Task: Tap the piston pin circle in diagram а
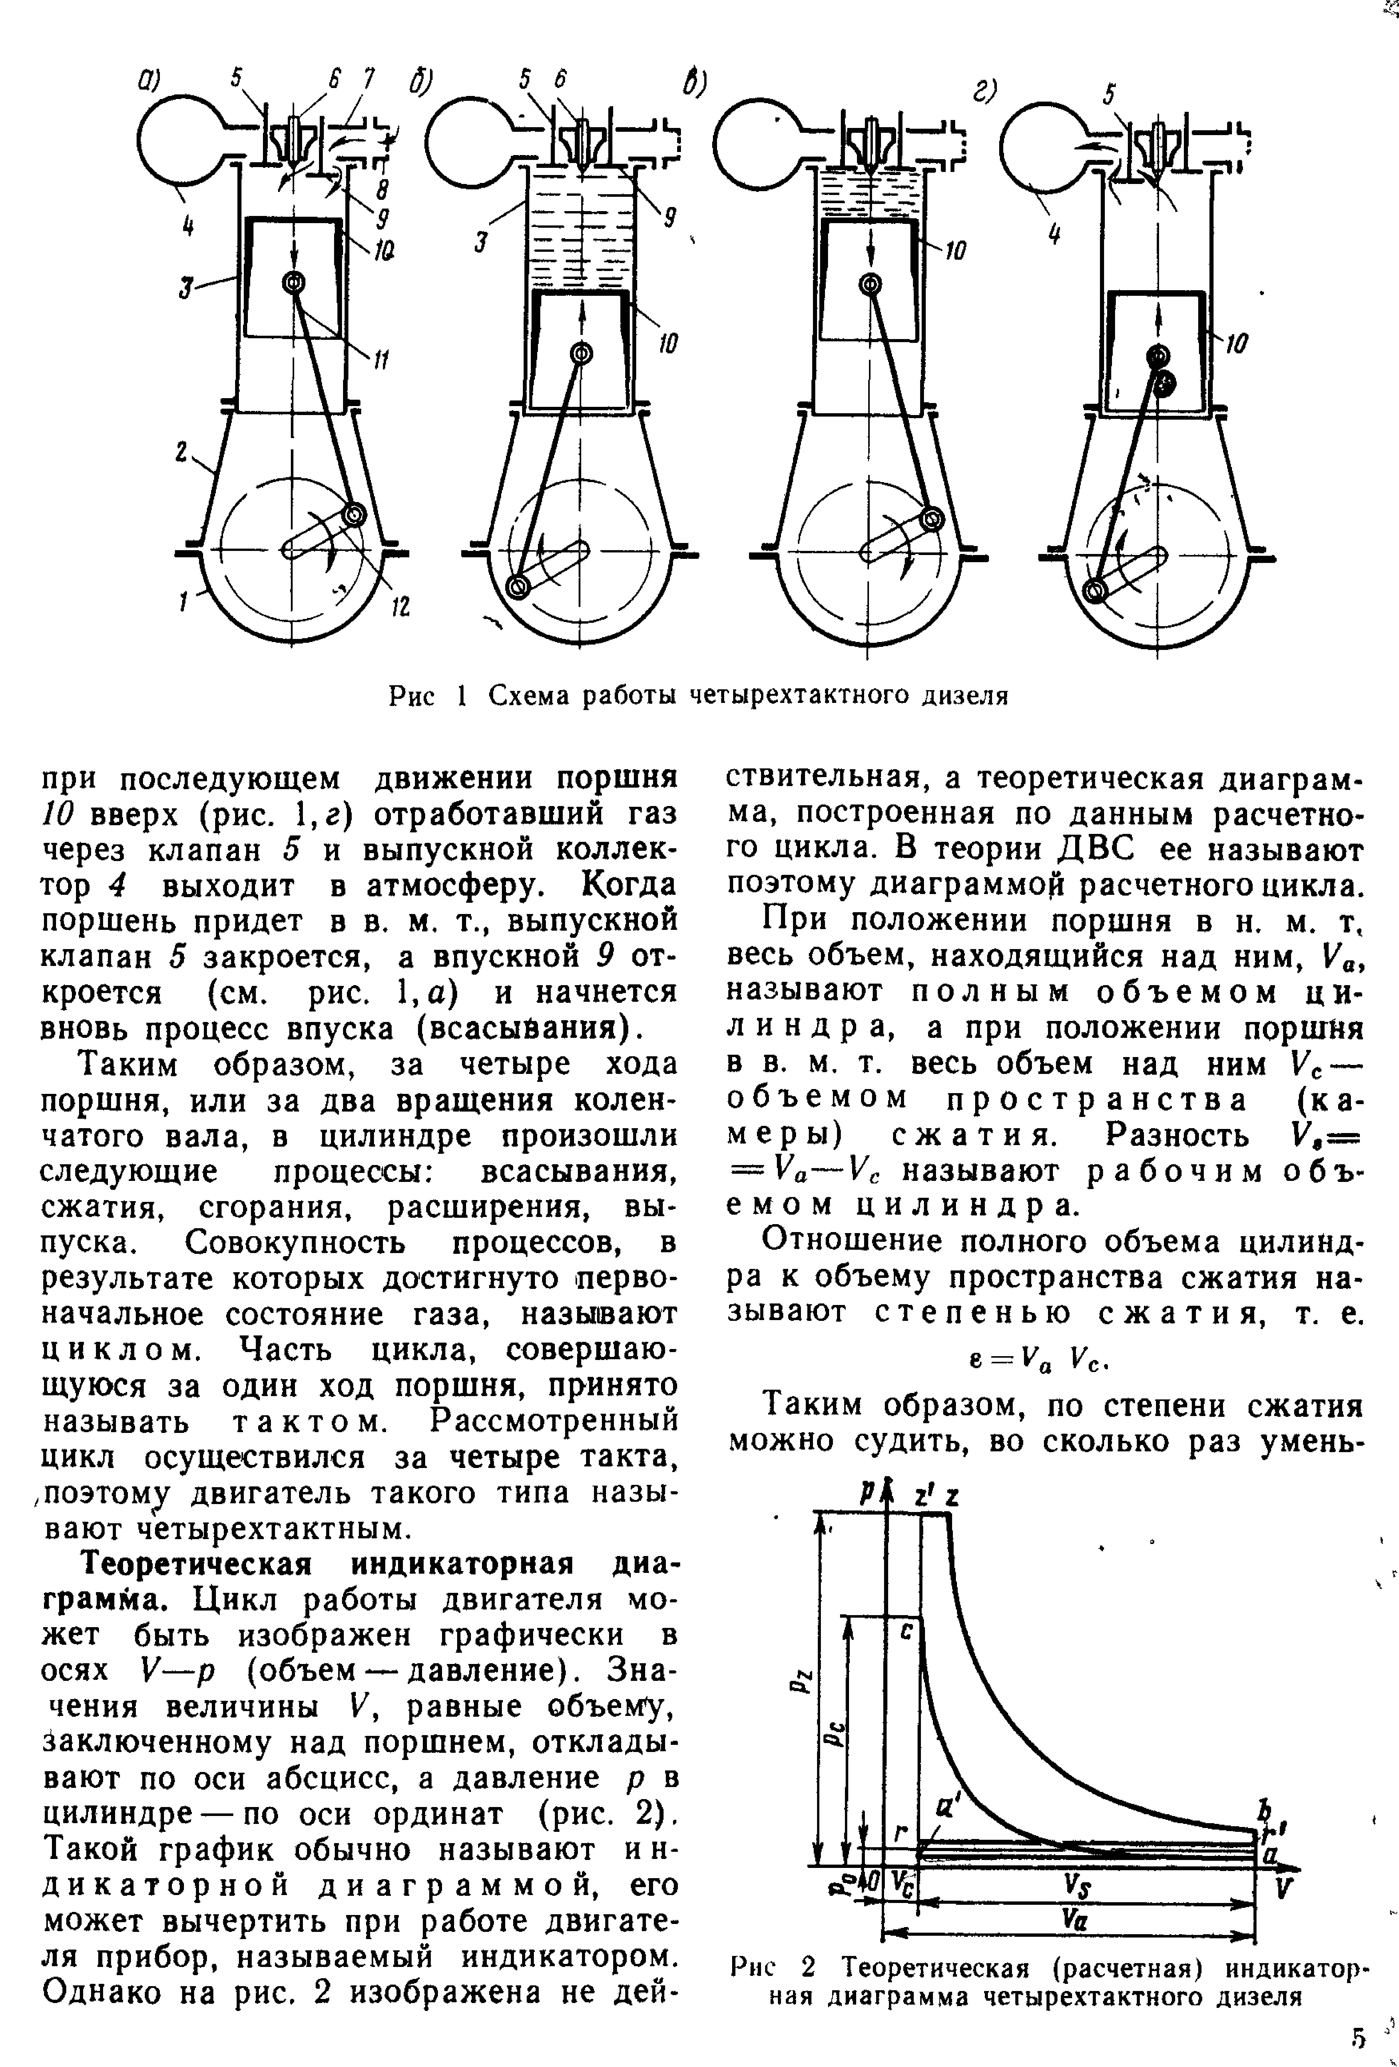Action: [293, 283]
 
